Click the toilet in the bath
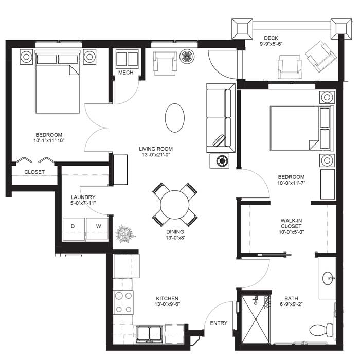pyautogui.click(x=321, y=330)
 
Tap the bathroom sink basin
pyautogui.click(x=328, y=278)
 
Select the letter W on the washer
pyautogui.click(x=99, y=226)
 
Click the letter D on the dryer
pyautogui.click(x=73, y=226)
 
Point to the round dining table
pyautogui.click(x=175, y=205)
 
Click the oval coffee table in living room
pyautogui.click(x=175, y=118)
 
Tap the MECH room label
pyautogui.click(x=126, y=73)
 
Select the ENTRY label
pyautogui.click(x=219, y=323)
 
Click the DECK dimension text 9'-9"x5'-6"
pyautogui.click(x=271, y=44)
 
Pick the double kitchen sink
pyautogui.click(x=150, y=333)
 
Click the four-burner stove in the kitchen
pyautogui.click(x=123, y=302)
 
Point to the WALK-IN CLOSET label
pyautogui.click(x=292, y=223)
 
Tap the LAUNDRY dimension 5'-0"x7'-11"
pyautogui.click(x=83, y=203)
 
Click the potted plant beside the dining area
pyautogui.click(x=125, y=233)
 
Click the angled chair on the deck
pyautogui.click(x=321, y=56)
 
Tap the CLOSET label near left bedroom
pyautogui.click(x=34, y=172)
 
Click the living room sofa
pyautogui.click(x=221, y=118)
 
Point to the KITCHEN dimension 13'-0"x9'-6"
pyautogui.click(x=167, y=304)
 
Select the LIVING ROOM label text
pyautogui.click(x=156, y=149)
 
